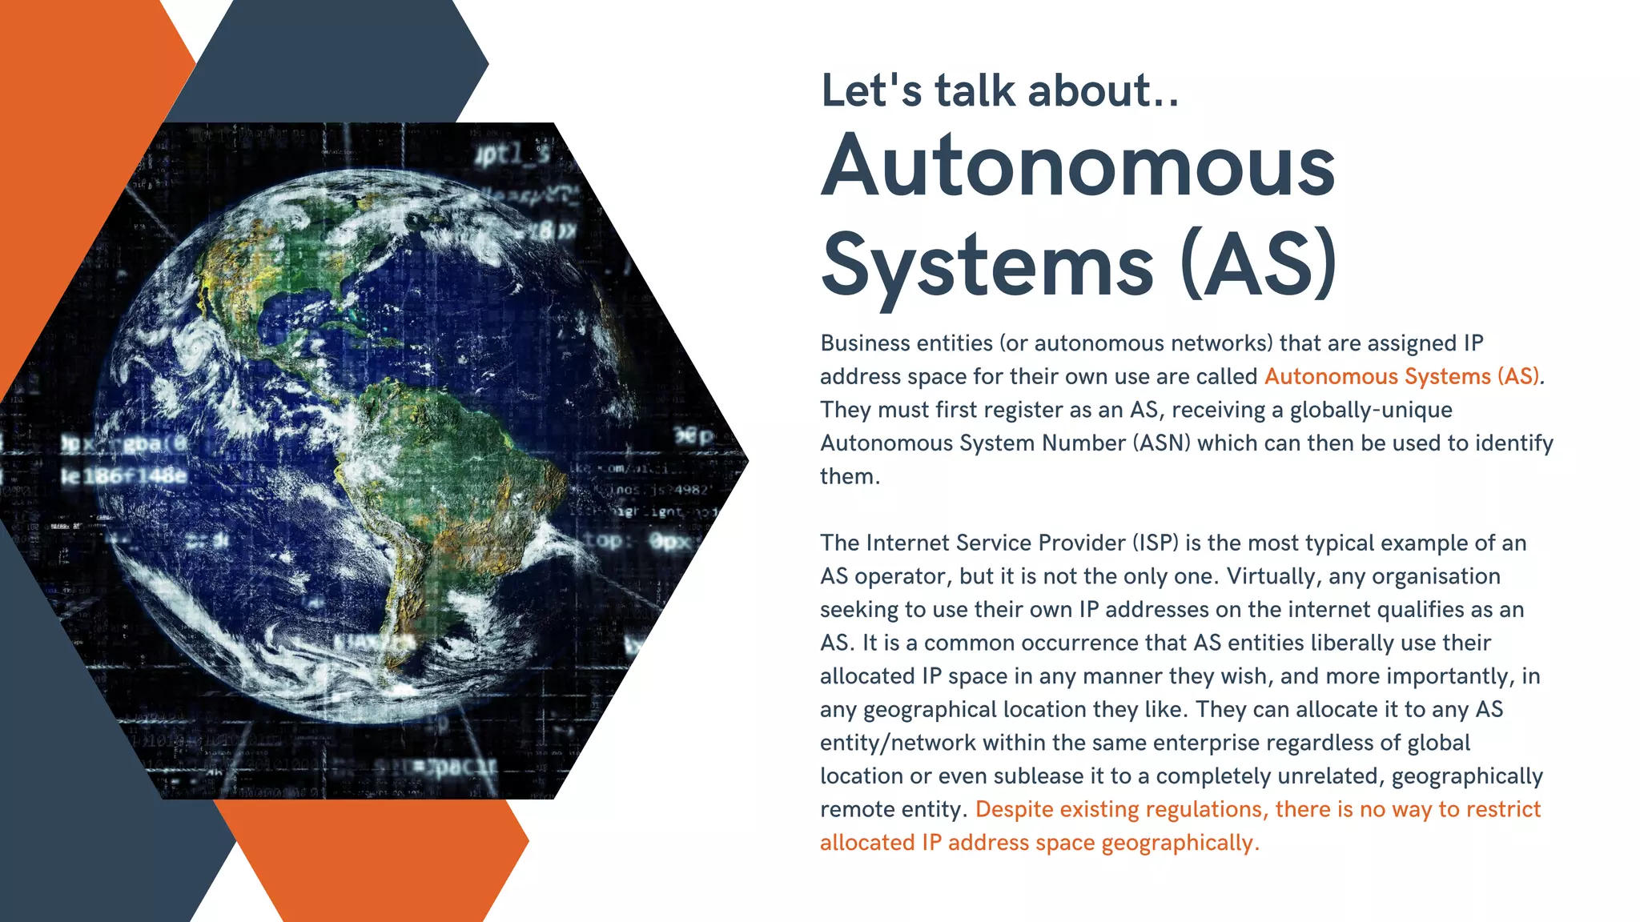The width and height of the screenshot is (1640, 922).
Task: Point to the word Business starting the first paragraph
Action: click(x=865, y=343)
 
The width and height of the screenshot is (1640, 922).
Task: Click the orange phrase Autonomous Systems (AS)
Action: click(x=1401, y=376)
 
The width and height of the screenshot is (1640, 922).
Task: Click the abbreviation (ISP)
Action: click(x=1155, y=543)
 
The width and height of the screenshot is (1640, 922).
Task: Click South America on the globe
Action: click(x=448, y=480)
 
